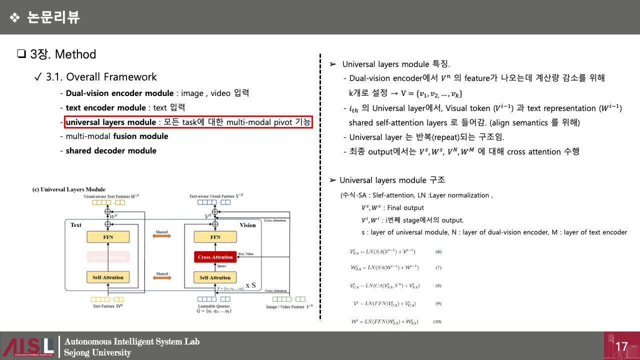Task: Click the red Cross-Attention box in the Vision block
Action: (x=215, y=257)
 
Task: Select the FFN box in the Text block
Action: (x=108, y=237)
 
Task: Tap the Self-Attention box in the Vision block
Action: (x=215, y=277)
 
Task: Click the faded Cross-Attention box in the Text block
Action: (x=108, y=257)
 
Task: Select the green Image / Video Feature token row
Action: (x=285, y=299)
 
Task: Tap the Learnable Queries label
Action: (x=214, y=305)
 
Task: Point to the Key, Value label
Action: (x=246, y=254)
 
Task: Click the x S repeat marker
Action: (x=251, y=285)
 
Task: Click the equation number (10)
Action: (x=437, y=321)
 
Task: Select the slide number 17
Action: (x=621, y=346)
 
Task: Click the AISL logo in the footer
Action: (x=28, y=346)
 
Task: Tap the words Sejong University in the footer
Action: (x=97, y=352)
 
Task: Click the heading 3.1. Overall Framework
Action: (x=101, y=77)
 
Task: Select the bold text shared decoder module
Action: (x=111, y=150)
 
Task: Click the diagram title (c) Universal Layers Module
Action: (x=68, y=189)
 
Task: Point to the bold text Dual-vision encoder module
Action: (x=119, y=93)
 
